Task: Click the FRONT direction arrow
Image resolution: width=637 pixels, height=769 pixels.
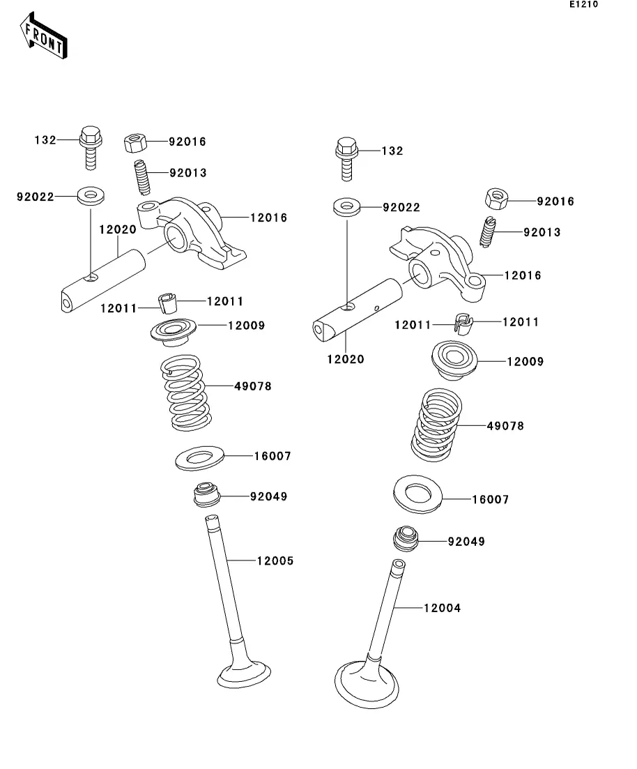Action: [x=43, y=36]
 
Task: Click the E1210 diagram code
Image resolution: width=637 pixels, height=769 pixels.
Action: [x=583, y=4]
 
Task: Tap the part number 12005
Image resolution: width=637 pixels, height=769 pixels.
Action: [x=275, y=561]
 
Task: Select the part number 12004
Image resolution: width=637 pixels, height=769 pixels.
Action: [x=443, y=608]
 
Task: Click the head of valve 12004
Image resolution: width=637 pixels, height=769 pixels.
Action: [x=367, y=685]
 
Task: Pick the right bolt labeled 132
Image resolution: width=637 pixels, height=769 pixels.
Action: [x=346, y=159]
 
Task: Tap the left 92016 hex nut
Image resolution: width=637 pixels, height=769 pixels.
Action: [x=135, y=143]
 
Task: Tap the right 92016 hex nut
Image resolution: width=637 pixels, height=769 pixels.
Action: [x=496, y=199]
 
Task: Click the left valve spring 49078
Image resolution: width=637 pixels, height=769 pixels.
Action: [x=187, y=393]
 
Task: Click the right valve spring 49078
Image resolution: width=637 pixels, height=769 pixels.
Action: [x=436, y=425]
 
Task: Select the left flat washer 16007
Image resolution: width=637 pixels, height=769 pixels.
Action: [x=199, y=458]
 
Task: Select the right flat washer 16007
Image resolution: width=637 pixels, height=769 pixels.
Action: [x=417, y=494]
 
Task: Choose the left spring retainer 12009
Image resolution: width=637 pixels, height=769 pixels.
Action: [x=173, y=332]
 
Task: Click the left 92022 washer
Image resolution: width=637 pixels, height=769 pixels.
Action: [x=91, y=196]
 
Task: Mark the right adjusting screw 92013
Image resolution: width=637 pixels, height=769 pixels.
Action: [x=487, y=231]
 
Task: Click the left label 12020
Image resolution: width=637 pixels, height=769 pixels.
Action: [x=118, y=229]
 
